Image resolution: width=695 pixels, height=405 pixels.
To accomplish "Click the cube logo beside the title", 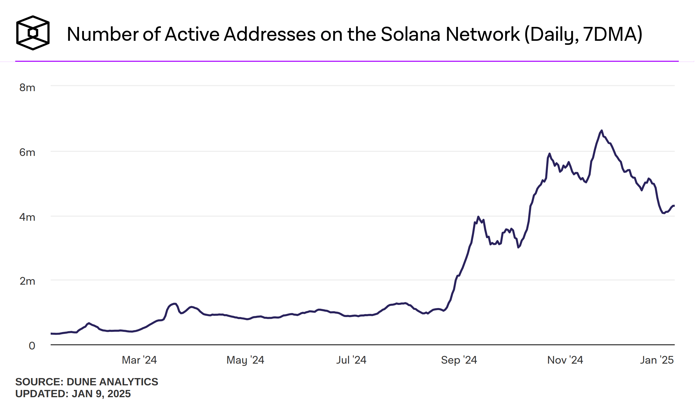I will tap(33, 33).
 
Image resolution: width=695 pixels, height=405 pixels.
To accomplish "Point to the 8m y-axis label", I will tap(27, 87).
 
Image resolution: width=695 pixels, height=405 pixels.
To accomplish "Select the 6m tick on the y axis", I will tap(27, 152).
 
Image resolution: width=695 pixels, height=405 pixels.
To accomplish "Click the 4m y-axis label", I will tap(27, 217).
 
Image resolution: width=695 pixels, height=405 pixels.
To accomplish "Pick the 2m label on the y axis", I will tap(27, 281).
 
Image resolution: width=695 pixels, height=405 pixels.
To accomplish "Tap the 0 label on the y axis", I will tap(32, 346).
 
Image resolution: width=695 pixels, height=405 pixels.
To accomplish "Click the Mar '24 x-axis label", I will tap(139, 360).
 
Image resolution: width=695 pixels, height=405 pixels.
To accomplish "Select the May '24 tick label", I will tap(245, 360).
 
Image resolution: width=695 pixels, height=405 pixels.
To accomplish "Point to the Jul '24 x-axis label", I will tap(351, 360).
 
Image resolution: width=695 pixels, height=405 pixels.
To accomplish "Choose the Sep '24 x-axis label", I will tap(459, 360).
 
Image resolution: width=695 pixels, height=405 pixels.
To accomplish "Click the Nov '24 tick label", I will tap(565, 360).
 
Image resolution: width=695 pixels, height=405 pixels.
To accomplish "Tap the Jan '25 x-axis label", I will tap(657, 360).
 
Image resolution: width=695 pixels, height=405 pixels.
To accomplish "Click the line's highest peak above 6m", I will tap(602, 130).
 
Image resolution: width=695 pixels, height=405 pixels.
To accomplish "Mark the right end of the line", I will tap(674, 206).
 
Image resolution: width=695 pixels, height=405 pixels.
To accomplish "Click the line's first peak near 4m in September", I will tap(478, 217).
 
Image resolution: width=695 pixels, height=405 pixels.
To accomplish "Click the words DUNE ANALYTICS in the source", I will tap(112, 382).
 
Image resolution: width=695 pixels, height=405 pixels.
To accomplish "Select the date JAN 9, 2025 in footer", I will tap(101, 394).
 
